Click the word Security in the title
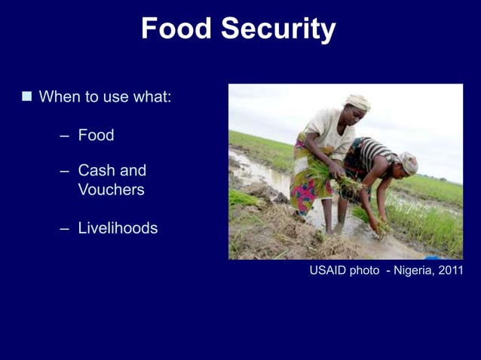[x=278, y=29]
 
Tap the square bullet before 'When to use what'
[x=27, y=96]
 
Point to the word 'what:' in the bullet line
[x=153, y=97]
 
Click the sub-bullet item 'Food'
[x=96, y=136]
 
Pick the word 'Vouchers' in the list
[x=111, y=190]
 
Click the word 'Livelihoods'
[x=118, y=228]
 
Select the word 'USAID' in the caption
[x=327, y=270]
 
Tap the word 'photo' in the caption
[x=365, y=270]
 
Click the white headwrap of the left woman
[x=357, y=102]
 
